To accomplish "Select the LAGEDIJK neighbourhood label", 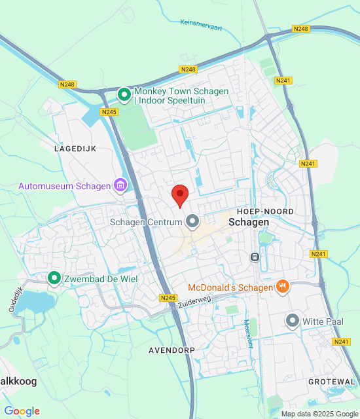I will tap(75, 149).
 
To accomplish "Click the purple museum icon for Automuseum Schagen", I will tap(120, 186).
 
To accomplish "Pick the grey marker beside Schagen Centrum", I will tap(192, 222).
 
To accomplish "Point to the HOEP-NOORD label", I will tap(265, 211).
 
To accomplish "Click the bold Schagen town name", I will tap(249, 223).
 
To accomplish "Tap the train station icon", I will tap(255, 257).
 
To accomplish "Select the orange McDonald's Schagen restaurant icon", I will tap(283, 287).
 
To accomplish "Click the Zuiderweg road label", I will tap(198, 300).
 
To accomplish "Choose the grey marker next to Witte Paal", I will tap(293, 321).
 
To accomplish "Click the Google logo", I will tap(22, 411).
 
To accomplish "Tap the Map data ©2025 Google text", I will tap(319, 414).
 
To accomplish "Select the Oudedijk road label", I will tap(16, 299).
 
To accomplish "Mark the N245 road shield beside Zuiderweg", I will tap(168, 298).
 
